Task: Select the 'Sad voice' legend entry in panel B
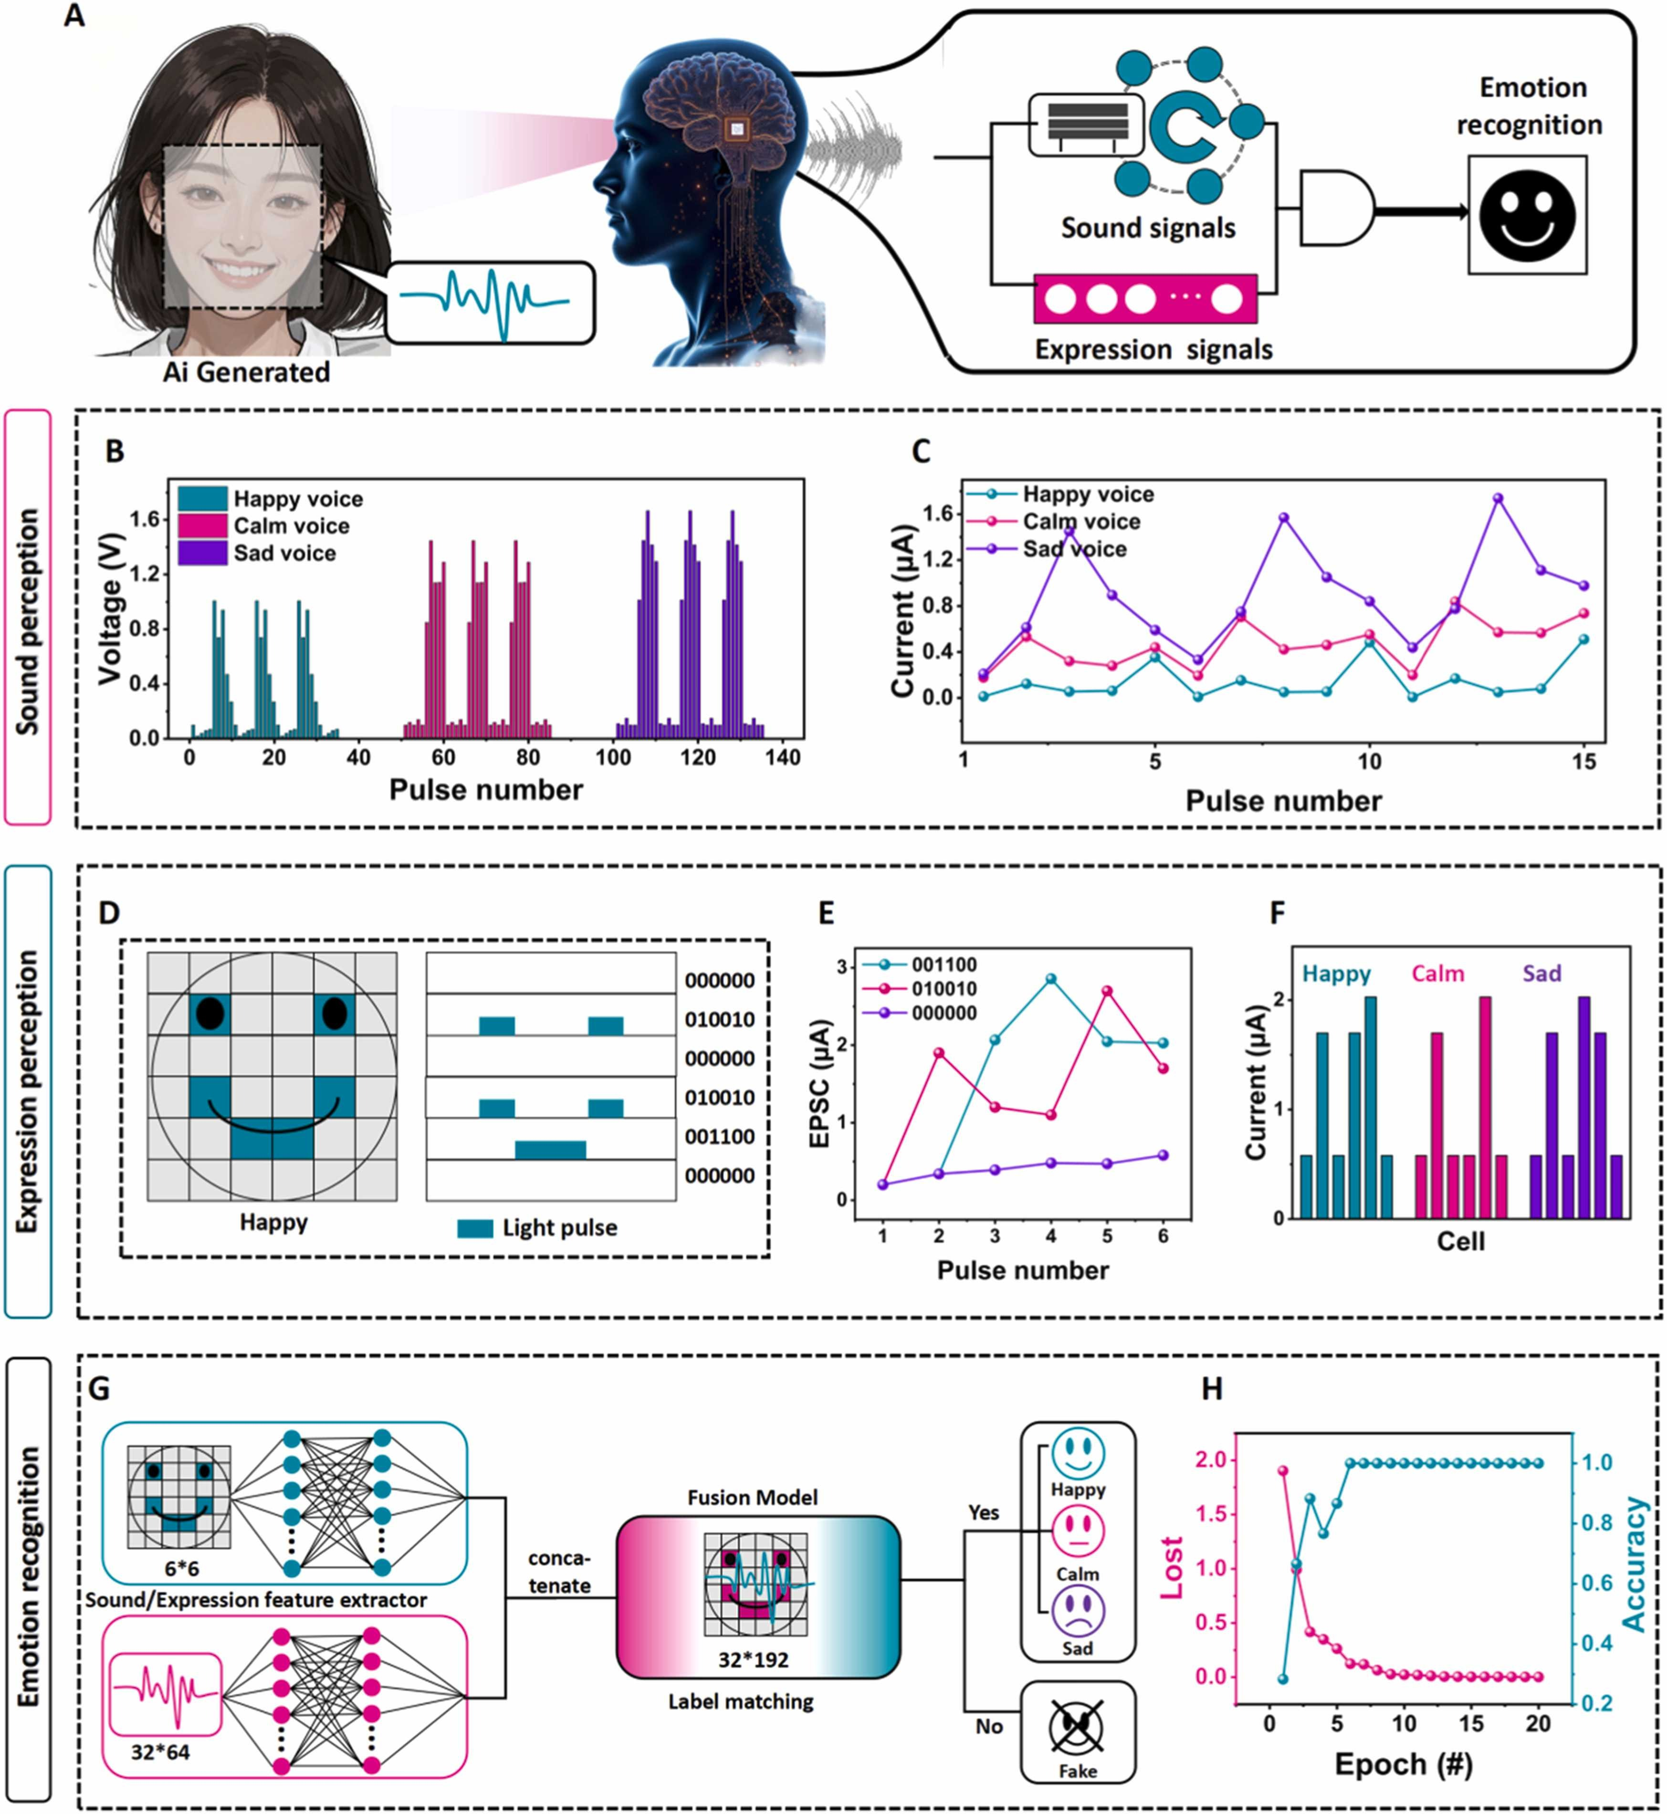[284, 553]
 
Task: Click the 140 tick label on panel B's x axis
[782, 758]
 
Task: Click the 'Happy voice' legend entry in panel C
[1087, 494]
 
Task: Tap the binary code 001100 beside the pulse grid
[719, 1137]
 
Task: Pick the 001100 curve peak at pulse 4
[1051, 979]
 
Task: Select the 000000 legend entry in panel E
[943, 1013]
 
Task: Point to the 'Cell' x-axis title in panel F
[1460, 1241]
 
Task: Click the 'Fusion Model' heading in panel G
[752, 1498]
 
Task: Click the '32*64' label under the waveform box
[160, 1752]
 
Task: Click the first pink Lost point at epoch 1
[1283, 1470]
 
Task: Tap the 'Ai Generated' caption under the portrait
[246, 372]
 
